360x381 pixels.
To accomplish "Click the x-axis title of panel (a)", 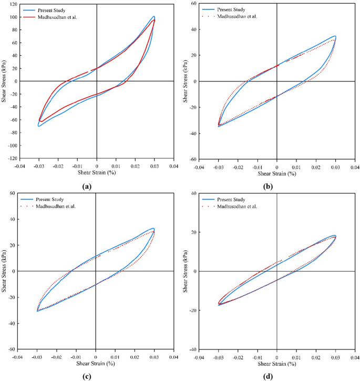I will (97, 172).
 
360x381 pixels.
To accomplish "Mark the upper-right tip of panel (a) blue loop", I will (153, 16).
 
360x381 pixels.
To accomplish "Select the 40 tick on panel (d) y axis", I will (193, 193).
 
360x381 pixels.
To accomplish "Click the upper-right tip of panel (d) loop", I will (334, 235).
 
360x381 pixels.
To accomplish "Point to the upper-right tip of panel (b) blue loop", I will (335, 36).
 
